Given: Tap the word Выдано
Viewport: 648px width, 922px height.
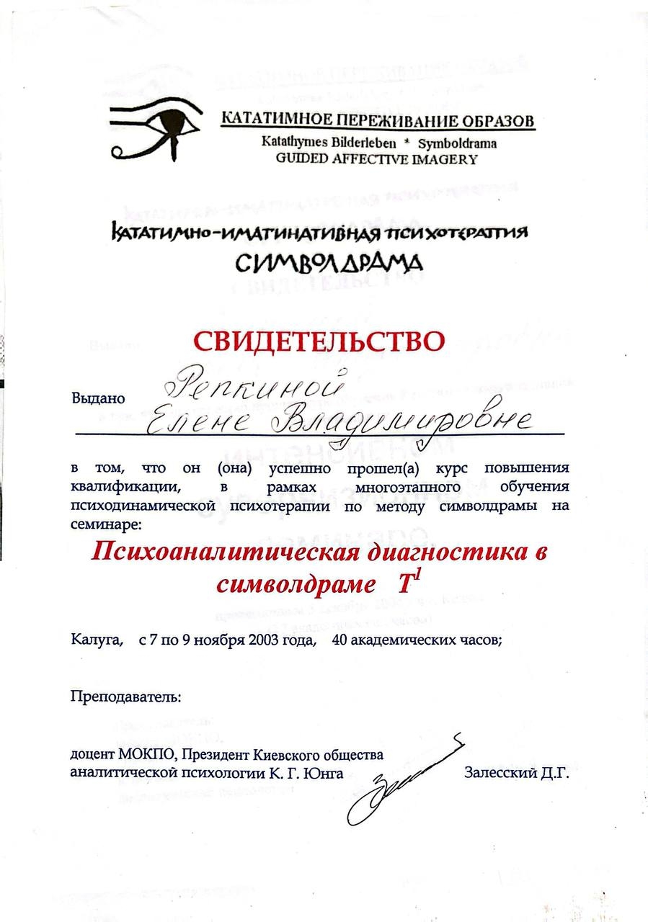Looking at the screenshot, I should (98, 397).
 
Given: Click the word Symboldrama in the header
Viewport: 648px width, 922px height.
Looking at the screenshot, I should (458, 143).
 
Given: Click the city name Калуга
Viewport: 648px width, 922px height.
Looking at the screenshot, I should (97, 640).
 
